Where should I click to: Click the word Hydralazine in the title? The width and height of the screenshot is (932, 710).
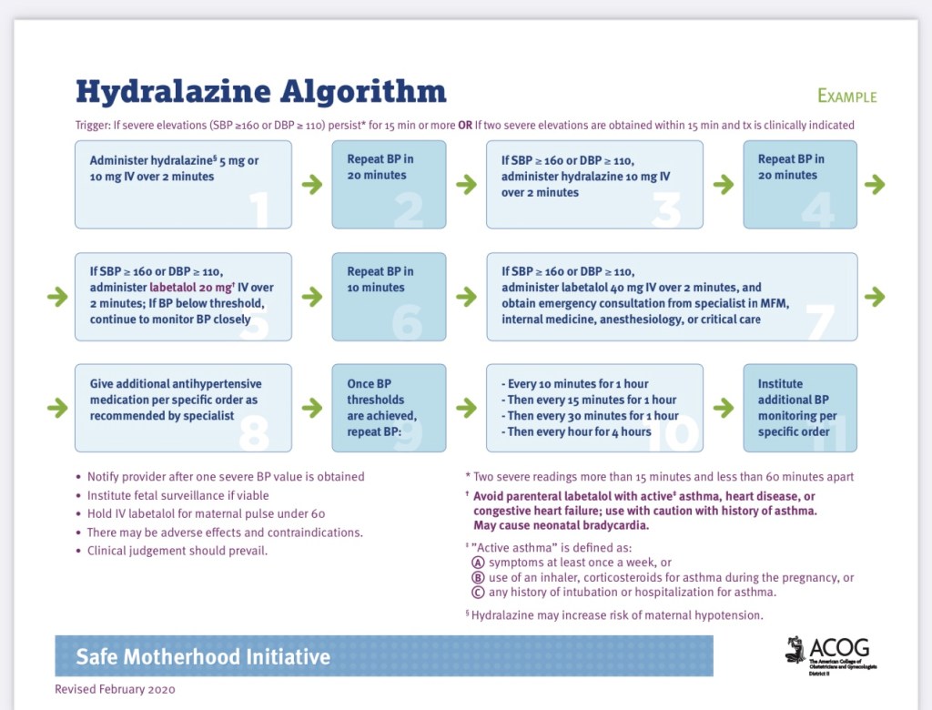(x=174, y=91)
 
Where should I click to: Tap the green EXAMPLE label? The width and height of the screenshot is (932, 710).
(x=846, y=96)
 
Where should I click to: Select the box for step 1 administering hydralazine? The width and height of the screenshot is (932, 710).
(x=183, y=184)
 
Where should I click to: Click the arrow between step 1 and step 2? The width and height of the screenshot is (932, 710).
(x=311, y=185)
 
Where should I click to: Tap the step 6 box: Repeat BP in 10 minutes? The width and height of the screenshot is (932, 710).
(x=389, y=296)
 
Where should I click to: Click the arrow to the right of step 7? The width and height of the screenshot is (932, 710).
(x=875, y=297)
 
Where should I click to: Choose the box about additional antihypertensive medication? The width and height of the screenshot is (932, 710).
(x=183, y=407)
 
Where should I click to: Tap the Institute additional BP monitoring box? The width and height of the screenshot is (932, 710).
(x=800, y=407)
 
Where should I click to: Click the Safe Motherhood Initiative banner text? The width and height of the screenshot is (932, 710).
(x=203, y=656)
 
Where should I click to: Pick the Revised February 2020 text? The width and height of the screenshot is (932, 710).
(x=115, y=689)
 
